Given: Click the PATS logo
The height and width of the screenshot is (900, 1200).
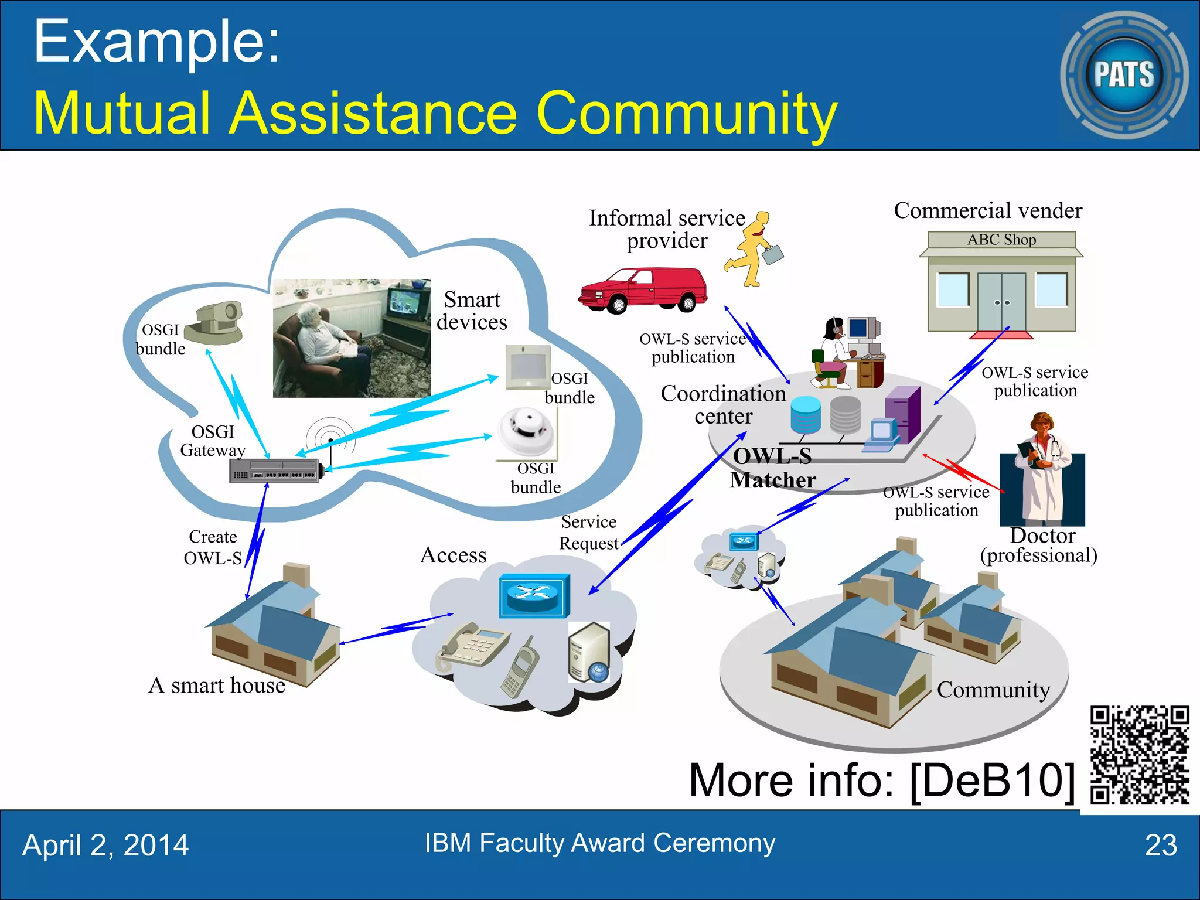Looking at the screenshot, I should [1124, 75].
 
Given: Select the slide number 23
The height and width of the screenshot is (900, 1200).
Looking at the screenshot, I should [1160, 846].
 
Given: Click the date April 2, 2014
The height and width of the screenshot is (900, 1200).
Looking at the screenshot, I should [105, 846].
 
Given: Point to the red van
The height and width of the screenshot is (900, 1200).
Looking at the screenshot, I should [643, 291].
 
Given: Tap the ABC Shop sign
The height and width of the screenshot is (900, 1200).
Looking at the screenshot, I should [1001, 240].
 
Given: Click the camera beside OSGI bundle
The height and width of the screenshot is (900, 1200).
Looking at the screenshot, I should [216, 323].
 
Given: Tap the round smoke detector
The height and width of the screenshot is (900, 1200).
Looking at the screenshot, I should [526, 432].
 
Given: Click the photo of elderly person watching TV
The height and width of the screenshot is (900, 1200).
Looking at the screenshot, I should [352, 338].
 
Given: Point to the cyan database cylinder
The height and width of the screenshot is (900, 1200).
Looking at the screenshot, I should [805, 415].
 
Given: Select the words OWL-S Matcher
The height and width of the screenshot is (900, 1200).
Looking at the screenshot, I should [772, 468].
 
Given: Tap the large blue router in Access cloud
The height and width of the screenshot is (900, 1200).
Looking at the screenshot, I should [534, 595].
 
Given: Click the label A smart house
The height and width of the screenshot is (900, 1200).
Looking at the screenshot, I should [217, 686].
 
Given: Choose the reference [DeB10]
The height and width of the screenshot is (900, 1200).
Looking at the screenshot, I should [993, 780].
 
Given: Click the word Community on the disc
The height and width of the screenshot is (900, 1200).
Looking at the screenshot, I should [993, 690].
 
